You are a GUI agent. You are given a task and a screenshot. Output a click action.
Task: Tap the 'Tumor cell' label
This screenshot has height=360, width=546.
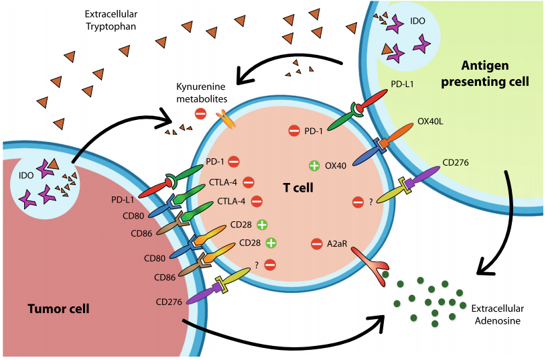[x=58, y=309]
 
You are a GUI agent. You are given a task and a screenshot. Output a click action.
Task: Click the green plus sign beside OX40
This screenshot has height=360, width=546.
[x=313, y=166]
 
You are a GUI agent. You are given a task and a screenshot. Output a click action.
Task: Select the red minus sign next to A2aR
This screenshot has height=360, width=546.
[x=317, y=244]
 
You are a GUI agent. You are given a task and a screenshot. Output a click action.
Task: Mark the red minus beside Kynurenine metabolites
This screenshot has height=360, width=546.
[x=200, y=114]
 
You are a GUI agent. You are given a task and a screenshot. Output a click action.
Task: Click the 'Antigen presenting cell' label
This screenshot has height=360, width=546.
[x=495, y=74]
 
